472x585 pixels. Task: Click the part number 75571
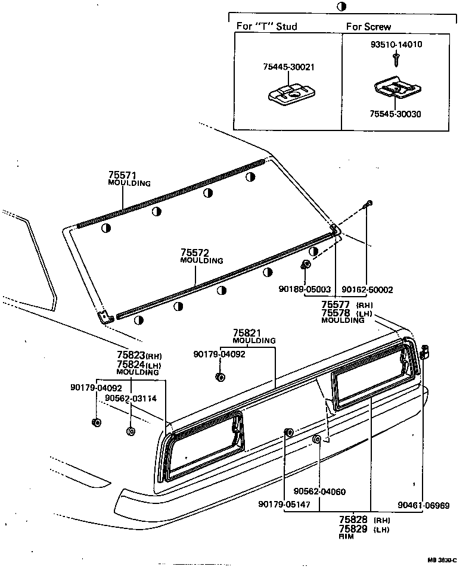pyautogui.click(x=123, y=175)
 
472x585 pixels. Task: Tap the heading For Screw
pyautogui.click(x=369, y=26)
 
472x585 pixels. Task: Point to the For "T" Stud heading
pyautogui.click(x=266, y=26)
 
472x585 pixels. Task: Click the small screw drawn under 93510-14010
pyautogui.click(x=395, y=58)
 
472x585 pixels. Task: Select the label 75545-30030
pyautogui.click(x=395, y=114)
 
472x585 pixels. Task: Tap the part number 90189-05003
pyautogui.click(x=305, y=289)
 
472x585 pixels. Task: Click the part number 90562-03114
pyautogui.click(x=131, y=399)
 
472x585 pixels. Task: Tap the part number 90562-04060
pyautogui.click(x=319, y=491)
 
